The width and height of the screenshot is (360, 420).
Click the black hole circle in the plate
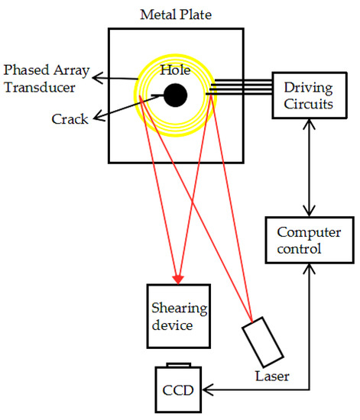click(174, 95)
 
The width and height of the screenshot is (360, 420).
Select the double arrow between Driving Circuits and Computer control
click(310, 168)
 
